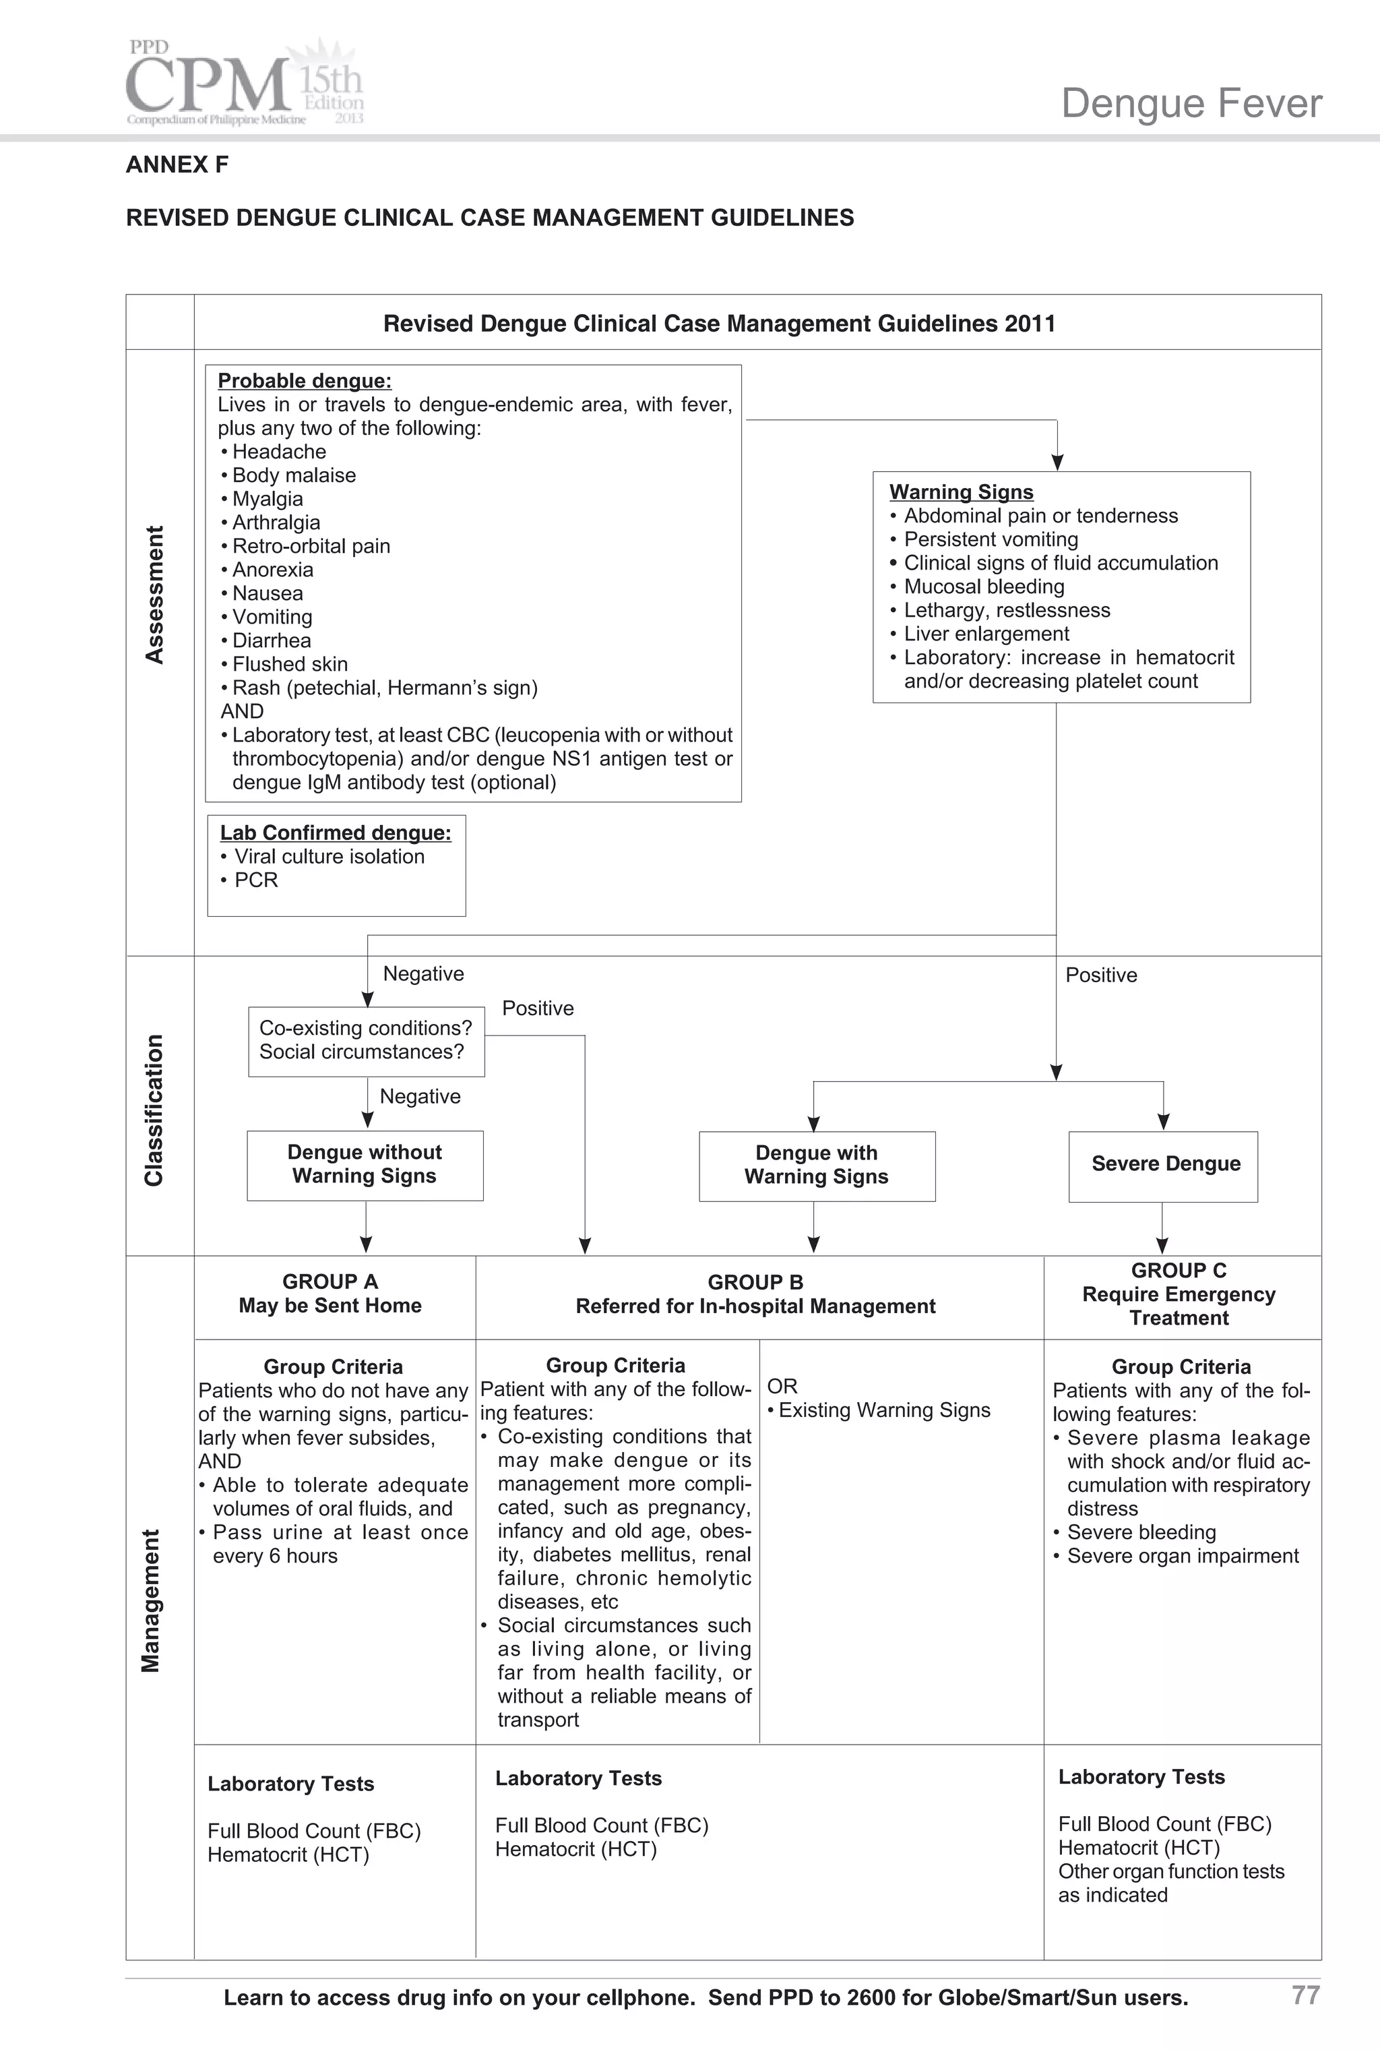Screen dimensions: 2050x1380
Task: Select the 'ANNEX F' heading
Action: pos(177,164)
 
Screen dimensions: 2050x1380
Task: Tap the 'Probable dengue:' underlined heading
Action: pos(305,381)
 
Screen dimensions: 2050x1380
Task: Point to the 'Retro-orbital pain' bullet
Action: pos(311,547)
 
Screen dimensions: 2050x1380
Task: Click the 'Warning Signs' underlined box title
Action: pos(961,492)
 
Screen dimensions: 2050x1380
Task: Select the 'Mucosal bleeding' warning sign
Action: pos(984,587)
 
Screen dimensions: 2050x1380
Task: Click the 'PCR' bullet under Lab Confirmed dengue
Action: pos(255,880)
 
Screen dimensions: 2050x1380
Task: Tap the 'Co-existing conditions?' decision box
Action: pos(366,1040)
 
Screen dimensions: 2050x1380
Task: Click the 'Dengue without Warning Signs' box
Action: pos(365,1164)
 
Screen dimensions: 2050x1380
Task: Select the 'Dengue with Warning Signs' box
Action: pos(817,1166)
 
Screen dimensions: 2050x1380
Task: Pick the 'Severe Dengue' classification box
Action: pos(1164,1166)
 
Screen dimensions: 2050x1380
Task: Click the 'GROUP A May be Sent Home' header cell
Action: pos(330,1294)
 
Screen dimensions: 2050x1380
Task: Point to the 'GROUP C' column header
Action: pos(1179,1294)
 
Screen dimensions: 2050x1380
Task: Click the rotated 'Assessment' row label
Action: pos(155,595)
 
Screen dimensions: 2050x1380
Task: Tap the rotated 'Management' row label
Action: pos(152,1600)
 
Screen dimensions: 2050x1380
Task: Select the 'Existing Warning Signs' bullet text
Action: pos(883,1411)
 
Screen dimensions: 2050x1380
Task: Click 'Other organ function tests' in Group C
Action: pos(1170,1871)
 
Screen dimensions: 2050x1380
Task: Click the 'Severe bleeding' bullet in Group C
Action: pos(1141,1532)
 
